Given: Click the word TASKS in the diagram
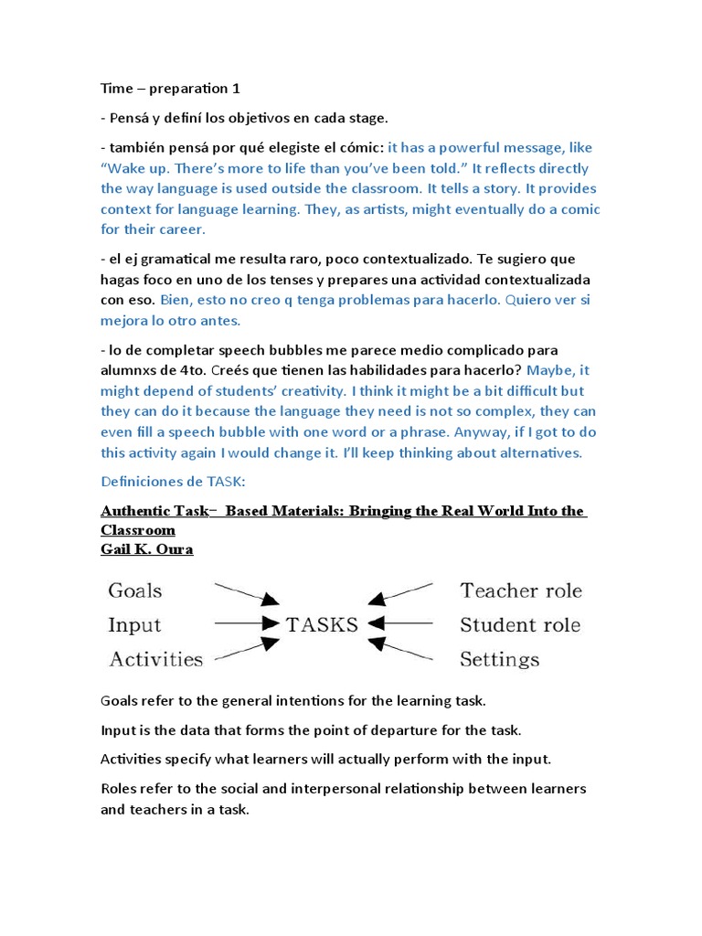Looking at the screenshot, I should [323, 625].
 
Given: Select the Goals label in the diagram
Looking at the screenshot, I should [135, 590].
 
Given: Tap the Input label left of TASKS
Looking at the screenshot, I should [134, 625].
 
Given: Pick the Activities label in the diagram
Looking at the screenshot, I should [156, 659].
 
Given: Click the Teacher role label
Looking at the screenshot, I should [521, 590].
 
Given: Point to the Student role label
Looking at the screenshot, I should [520, 625].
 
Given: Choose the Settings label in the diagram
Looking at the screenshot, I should [500, 659].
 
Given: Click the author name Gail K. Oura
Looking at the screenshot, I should [146, 550].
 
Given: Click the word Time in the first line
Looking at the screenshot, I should [116, 89].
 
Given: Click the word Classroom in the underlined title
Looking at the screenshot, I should [138, 530].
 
